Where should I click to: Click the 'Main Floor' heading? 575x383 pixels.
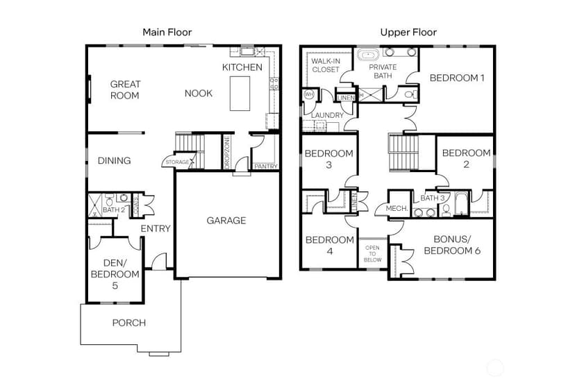point(167,32)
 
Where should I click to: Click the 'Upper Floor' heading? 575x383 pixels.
point(408,32)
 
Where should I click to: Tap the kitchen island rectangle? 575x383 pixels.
point(240,94)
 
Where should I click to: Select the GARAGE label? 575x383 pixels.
point(226,220)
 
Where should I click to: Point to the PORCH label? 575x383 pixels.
point(128,323)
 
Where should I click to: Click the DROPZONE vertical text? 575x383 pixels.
point(227,153)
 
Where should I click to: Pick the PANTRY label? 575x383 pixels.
point(266,167)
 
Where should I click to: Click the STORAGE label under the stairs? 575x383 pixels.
point(177,162)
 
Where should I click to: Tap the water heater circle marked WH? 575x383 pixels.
point(309,94)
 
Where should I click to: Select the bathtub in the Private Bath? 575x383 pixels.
point(368,55)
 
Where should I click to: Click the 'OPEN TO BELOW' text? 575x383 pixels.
point(372,254)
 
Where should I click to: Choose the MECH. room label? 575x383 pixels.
point(397,208)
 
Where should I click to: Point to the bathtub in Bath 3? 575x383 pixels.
point(460,203)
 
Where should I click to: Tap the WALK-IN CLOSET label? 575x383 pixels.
point(325,65)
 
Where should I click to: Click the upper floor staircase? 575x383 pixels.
point(403,153)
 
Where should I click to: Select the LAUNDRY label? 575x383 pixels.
point(327,115)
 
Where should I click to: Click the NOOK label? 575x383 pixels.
point(199,93)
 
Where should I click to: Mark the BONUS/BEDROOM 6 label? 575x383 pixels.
point(452,245)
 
